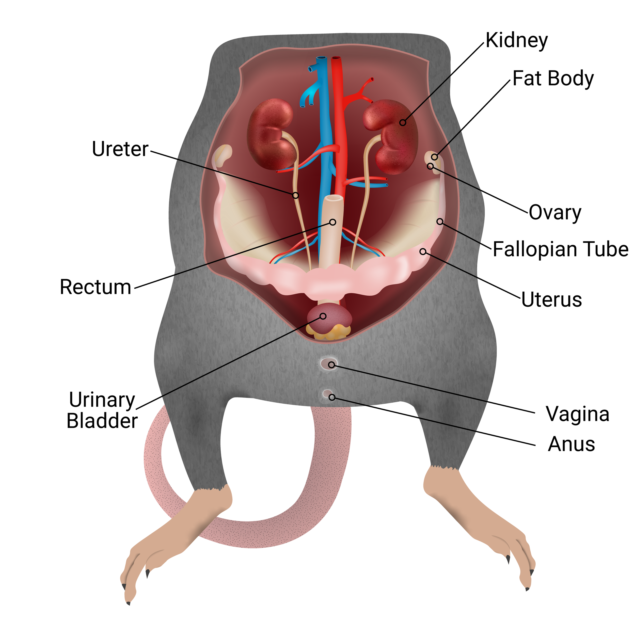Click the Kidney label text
(516, 41)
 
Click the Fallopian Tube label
(560, 249)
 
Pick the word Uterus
(551, 299)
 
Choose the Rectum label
(95, 287)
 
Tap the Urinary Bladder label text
(102, 410)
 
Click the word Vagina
(578, 414)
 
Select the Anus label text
(571, 444)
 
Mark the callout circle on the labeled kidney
(403, 123)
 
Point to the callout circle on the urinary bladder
(323, 316)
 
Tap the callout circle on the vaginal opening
(332, 365)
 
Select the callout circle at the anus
(332, 397)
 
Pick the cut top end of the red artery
(337, 58)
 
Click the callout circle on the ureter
(295, 195)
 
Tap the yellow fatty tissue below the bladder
(329, 333)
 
